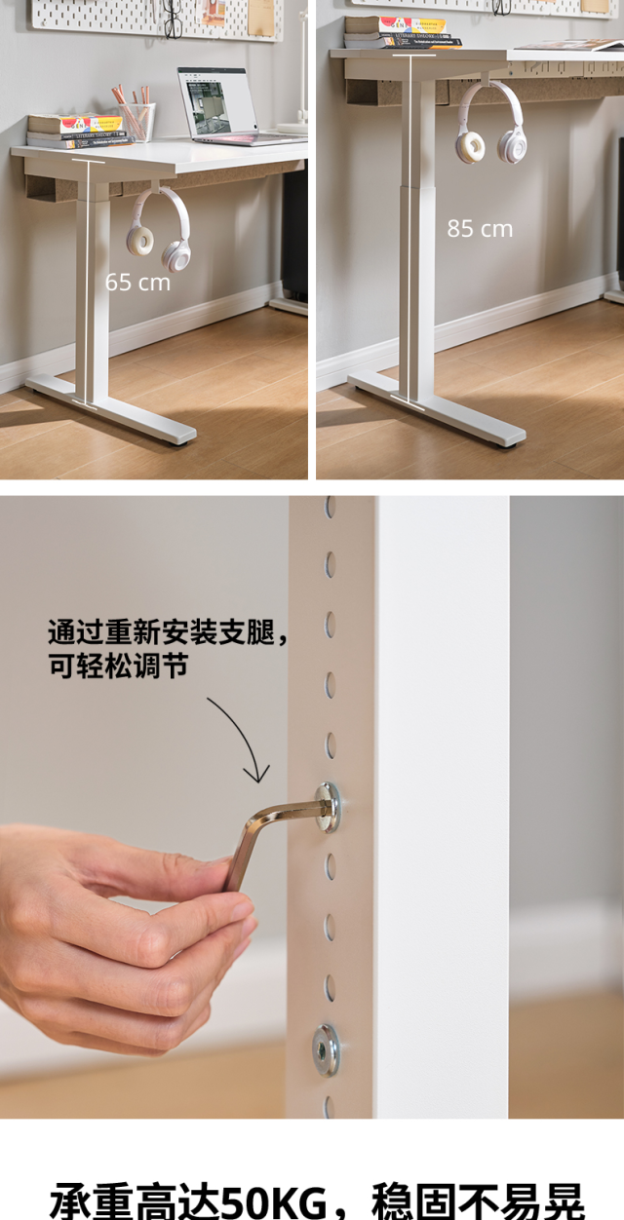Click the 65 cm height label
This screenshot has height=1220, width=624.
tap(137, 283)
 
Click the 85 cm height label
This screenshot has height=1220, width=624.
tap(480, 229)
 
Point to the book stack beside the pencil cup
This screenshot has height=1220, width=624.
tap(76, 131)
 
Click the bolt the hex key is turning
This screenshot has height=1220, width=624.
tap(329, 806)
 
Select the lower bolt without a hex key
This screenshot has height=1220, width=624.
tap(326, 1049)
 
